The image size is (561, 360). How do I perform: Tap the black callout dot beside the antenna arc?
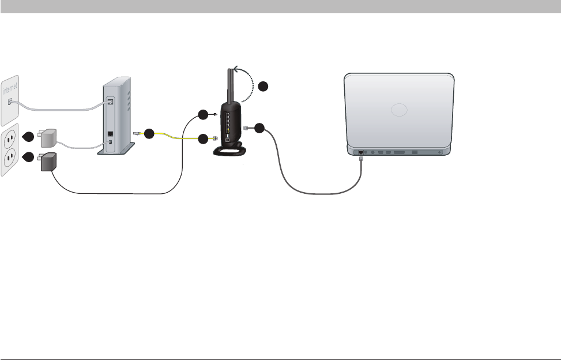coord(263,87)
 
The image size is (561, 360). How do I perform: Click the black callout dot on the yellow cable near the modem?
coord(149,134)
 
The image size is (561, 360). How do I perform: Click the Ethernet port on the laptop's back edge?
coord(361,152)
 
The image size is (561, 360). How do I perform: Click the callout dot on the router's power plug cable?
coord(202,114)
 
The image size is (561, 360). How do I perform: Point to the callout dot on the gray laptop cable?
coord(259,129)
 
